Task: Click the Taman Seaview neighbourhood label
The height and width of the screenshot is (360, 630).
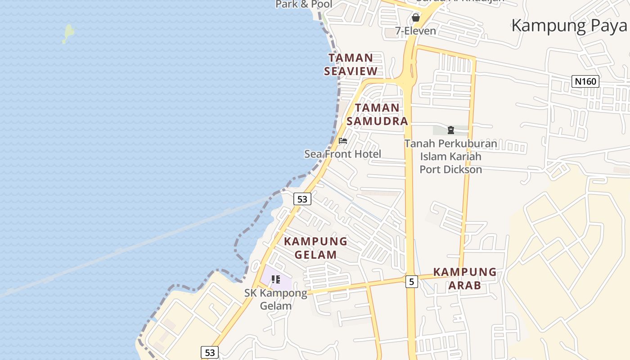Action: click(x=351, y=64)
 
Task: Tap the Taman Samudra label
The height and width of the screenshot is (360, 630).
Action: click(x=378, y=114)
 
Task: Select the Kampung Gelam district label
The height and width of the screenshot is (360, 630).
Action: click(x=315, y=248)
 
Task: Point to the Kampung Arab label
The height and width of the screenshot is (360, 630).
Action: click(x=464, y=279)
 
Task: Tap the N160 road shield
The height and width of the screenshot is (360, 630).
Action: click(x=585, y=81)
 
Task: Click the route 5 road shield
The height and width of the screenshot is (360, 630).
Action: click(x=411, y=282)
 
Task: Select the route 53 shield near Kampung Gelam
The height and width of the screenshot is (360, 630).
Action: click(x=302, y=198)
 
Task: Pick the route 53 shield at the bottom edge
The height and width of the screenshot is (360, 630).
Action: click(x=210, y=352)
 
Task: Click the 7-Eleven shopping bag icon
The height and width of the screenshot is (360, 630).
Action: click(x=416, y=18)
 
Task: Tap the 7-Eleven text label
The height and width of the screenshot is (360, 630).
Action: click(x=416, y=31)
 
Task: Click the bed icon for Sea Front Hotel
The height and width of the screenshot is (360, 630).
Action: click(x=343, y=141)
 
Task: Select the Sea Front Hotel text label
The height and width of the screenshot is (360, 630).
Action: click(x=342, y=154)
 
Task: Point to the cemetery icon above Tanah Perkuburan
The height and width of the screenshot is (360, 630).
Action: click(x=450, y=130)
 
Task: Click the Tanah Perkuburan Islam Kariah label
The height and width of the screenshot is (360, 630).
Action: click(x=450, y=150)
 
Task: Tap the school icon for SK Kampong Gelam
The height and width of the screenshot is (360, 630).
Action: click(x=276, y=279)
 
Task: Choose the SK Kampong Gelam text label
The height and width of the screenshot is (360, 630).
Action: click(x=276, y=299)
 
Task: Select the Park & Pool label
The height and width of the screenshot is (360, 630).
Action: click(x=304, y=4)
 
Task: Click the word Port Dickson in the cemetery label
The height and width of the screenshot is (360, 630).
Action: click(x=450, y=170)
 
